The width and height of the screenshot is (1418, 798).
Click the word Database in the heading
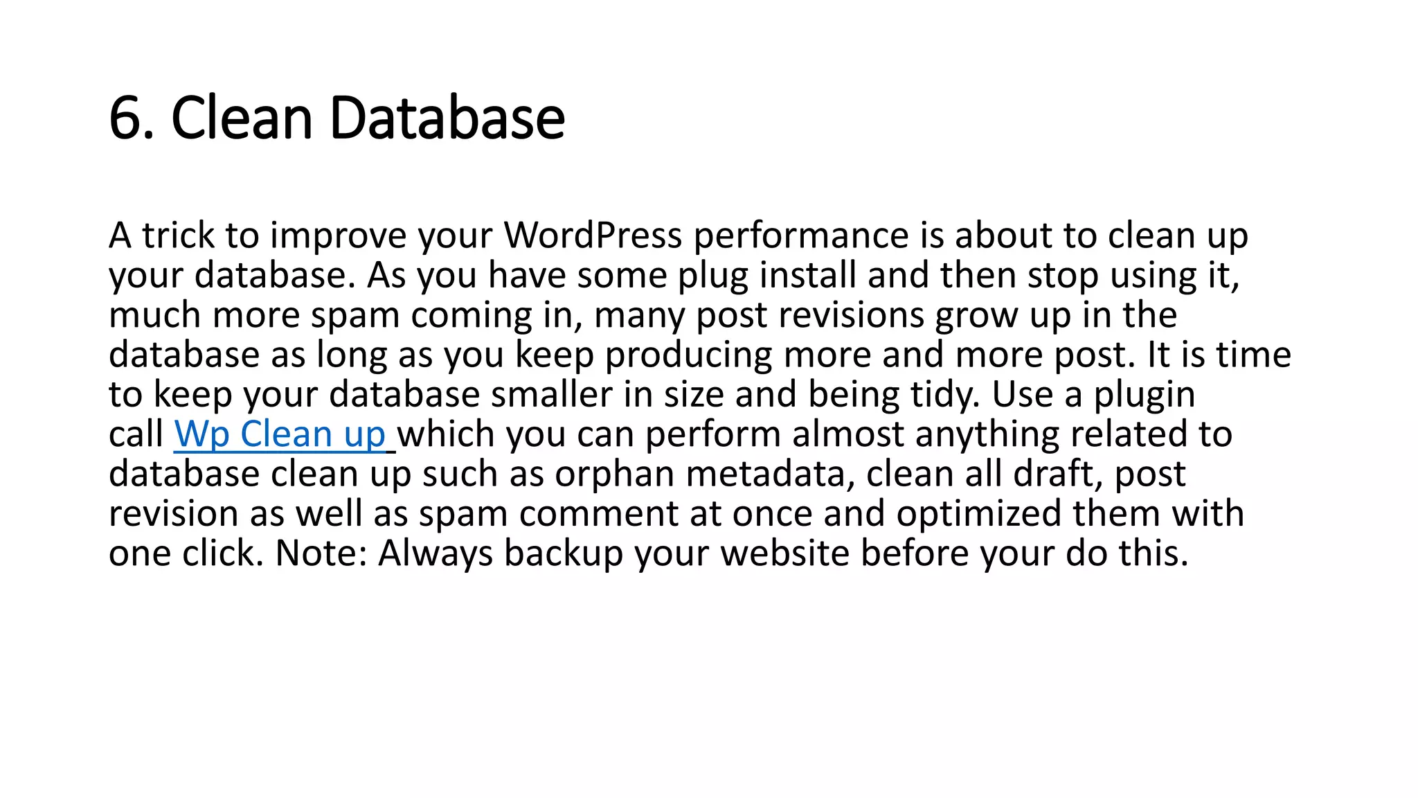pyautogui.click(x=447, y=118)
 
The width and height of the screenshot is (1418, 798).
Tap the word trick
pyautogui.click(x=179, y=236)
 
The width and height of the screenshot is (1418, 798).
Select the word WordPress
pyautogui.click(x=593, y=236)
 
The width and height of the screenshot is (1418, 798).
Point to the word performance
pyautogui.click(x=801, y=237)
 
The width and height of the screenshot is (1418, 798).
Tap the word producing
pyautogui.click(x=688, y=355)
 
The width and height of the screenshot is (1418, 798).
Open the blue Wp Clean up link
pyautogui.click(x=280, y=434)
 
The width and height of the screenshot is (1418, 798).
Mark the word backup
pyautogui.click(x=563, y=554)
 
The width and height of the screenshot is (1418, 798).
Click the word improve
pyautogui.click(x=339, y=237)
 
